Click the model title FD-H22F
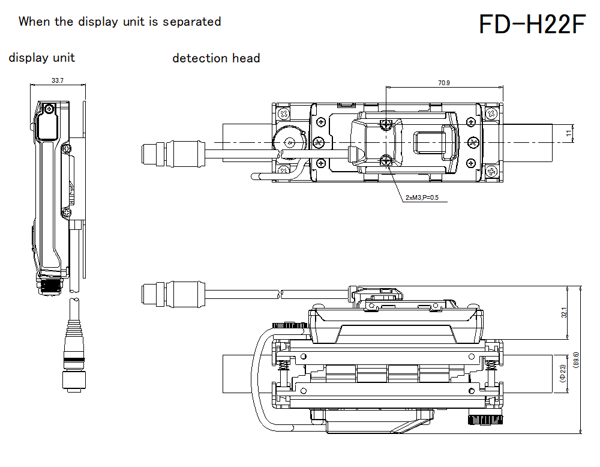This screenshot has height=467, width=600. point(532,25)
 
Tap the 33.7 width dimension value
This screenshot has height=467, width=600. point(58,80)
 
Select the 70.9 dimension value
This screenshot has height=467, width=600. point(443,83)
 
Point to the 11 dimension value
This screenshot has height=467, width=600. point(569,133)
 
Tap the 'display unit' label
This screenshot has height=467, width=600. point(42,58)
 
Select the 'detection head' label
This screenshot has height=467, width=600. point(216,58)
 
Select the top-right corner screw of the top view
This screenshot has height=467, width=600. point(491,113)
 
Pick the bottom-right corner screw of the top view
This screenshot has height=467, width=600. point(491,172)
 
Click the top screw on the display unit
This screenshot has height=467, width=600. point(49,109)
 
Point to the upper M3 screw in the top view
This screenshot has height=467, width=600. point(387,124)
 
